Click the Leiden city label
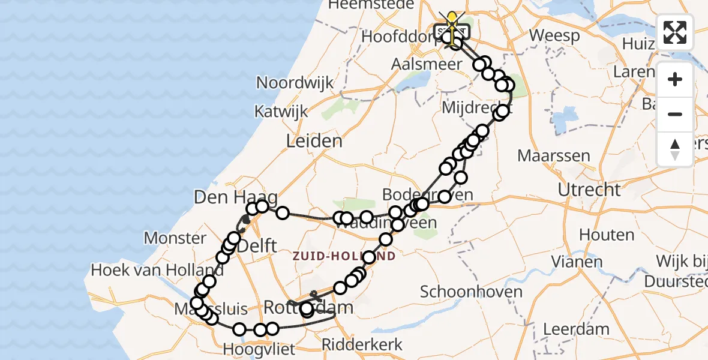(314, 141)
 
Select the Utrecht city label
(589, 190)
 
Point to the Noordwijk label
(295, 82)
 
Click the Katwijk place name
(281, 111)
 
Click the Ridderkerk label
(362, 344)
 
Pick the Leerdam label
(576, 329)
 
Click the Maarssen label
(553, 156)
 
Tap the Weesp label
(555, 35)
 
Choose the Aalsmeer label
(427, 63)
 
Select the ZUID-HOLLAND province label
(344, 256)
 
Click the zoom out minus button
(675, 114)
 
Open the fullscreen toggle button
(675, 32)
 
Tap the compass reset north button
(675, 149)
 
